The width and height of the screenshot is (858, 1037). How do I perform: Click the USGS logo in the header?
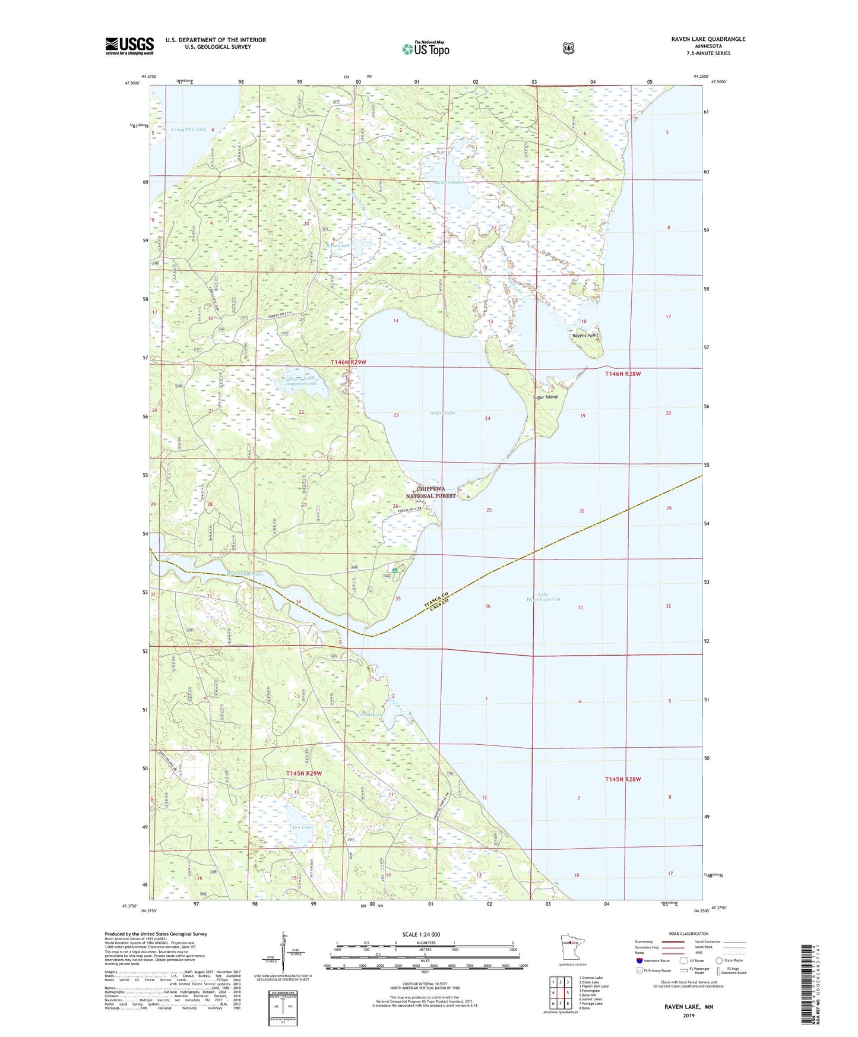pyautogui.click(x=129, y=46)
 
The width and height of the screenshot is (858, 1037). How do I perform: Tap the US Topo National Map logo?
pyautogui.click(x=425, y=48)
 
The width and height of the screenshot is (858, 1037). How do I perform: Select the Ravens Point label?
pyautogui.click(x=585, y=336)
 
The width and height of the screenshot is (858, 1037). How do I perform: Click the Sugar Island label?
pyautogui.click(x=545, y=397)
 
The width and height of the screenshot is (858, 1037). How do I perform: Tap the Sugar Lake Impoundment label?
pyautogui.click(x=302, y=381)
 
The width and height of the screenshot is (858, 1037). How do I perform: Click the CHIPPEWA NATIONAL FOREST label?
pyautogui.click(x=431, y=492)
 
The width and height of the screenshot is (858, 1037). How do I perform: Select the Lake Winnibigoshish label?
pyautogui.click(x=541, y=597)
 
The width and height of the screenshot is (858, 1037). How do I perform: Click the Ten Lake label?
pyautogui.click(x=302, y=827)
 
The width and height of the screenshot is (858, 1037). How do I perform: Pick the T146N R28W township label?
pyautogui.click(x=623, y=374)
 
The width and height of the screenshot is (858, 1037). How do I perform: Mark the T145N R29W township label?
pyautogui.click(x=303, y=773)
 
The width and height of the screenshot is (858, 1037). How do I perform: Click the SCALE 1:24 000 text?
pyautogui.click(x=421, y=934)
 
